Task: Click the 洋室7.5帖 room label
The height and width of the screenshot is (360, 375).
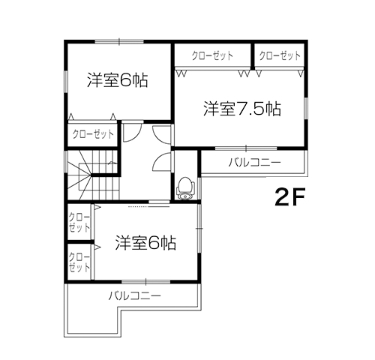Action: click(x=242, y=109)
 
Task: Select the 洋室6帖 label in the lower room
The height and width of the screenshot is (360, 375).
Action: click(x=145, y=243)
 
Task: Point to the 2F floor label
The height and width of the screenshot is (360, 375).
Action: click(x=291, y=197)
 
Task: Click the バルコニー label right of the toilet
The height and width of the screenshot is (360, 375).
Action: click(x=253, y=162)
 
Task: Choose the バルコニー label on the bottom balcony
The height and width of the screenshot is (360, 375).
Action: click(x=134, y=295)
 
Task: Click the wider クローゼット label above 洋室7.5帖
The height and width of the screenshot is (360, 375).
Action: click(x=211, y=56)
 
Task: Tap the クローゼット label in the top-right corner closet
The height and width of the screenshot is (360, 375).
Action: click(x=280, y=56)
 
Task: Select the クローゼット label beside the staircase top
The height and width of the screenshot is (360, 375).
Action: click(x=93, y=134)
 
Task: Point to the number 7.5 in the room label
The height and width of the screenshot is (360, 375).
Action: click(x=251, y=109)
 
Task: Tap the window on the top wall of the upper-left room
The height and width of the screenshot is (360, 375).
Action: click(x=118, y=40)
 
